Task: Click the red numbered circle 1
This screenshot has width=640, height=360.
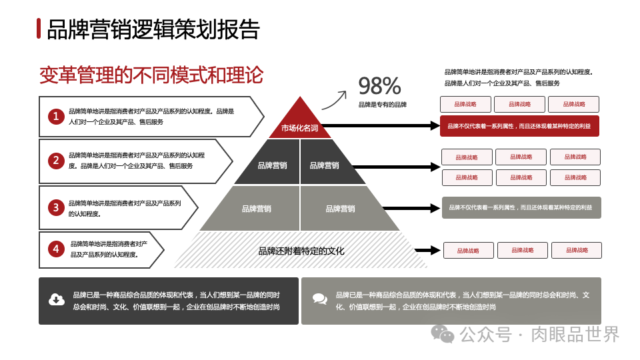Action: coord(56,117)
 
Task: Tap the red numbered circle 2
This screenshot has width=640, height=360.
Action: coord(56,160)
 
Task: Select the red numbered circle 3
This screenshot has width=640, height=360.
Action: coord(56,207)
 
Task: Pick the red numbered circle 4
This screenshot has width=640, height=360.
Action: coord(56,249)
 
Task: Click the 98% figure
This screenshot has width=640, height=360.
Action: coord(379,85)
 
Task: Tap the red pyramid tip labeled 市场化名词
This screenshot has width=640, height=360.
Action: coord(299,123)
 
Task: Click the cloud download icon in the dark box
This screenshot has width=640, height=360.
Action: coord(57,300)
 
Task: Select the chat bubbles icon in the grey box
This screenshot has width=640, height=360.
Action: coord(319,300)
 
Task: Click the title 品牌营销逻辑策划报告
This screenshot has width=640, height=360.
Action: coord(153,29)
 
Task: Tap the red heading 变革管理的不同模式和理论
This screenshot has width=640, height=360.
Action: coord(151,74)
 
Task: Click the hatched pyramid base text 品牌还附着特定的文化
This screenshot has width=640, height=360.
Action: coord(301,251)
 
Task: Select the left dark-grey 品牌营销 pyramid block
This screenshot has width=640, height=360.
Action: coord(272,165)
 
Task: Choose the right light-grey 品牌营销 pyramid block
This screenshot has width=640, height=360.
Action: coord(340,209)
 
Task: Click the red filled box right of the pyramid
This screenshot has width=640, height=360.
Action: coord(519,125)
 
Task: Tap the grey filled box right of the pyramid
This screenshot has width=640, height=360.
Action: coord(521,207)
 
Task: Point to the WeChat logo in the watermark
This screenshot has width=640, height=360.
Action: coord(443,334)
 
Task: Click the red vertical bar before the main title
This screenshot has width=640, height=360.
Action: coord(39,29)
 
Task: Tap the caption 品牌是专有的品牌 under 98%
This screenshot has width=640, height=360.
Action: coord(382,105)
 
